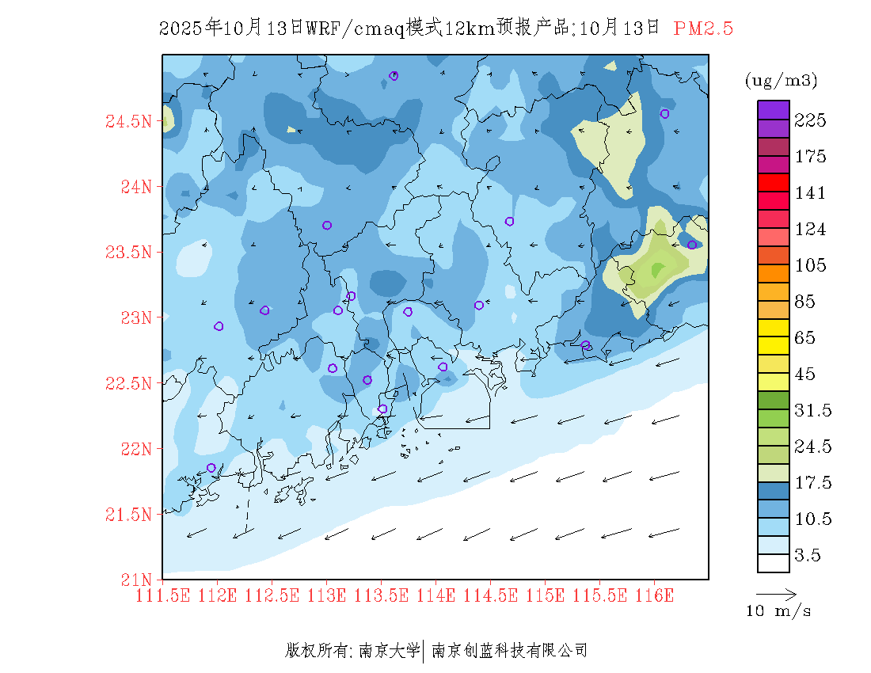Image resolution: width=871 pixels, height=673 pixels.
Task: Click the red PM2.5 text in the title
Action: tap(703, 29)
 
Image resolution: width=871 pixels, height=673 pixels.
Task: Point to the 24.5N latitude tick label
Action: tap(128, 122)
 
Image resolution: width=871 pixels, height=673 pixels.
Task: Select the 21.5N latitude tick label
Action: tap(128, 515)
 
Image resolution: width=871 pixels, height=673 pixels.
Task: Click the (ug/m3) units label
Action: tap(782, 81)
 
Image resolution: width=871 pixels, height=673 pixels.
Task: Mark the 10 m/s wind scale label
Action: tap(778, 611)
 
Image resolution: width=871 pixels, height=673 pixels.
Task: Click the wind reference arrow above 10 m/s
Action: tap(776, 594)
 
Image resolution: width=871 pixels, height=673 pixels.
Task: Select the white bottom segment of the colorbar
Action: tap(773, 563)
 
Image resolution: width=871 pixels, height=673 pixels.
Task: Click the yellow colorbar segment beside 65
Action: tap(773, 327)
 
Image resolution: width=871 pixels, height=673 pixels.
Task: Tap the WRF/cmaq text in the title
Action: tap(354, 29)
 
